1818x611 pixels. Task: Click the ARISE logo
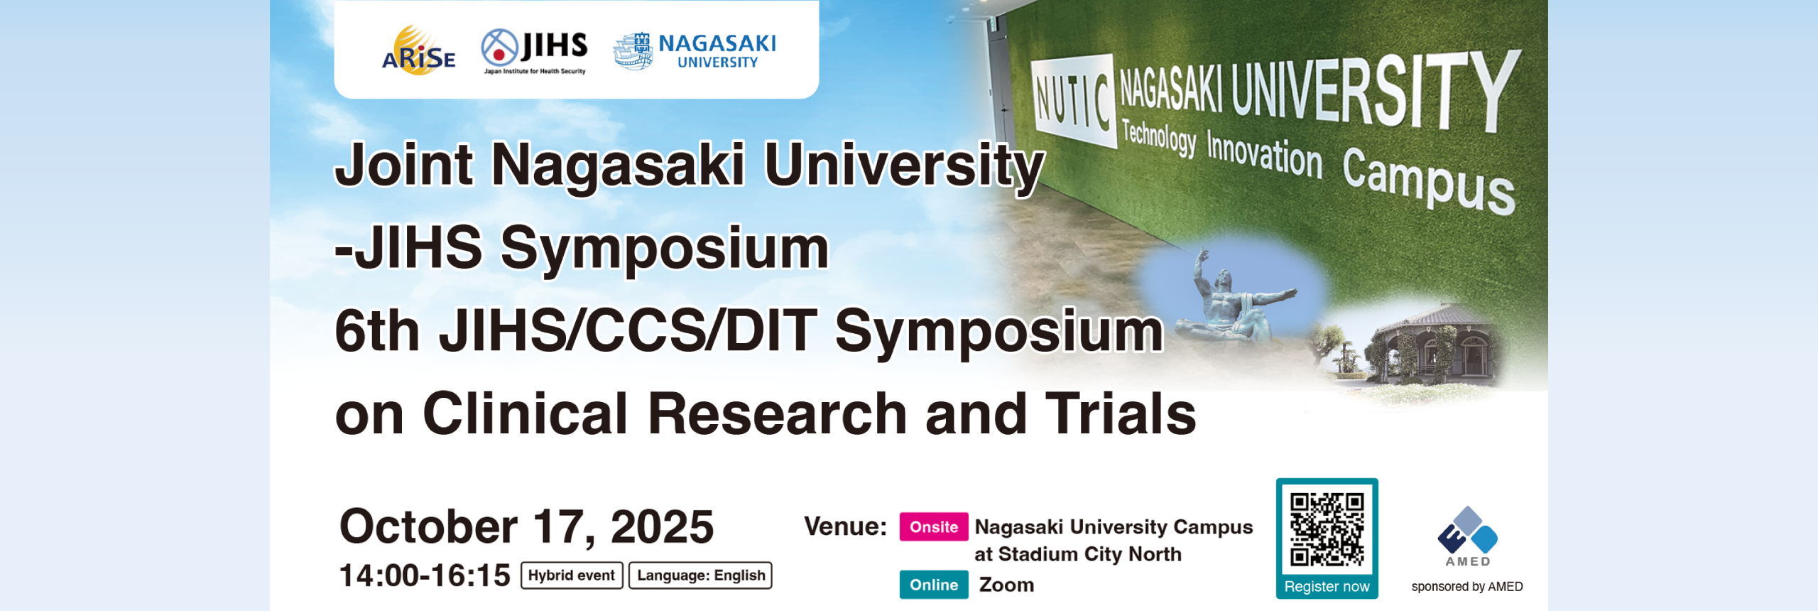(419, 50)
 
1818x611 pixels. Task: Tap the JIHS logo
(534, 51)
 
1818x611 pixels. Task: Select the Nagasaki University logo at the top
(695, 51)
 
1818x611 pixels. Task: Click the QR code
(1327, 529)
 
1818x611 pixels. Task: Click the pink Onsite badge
(934, 526)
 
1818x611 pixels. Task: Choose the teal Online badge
(934, 585)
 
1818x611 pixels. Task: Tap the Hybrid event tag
(572, 575)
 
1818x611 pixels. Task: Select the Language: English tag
(700, 575)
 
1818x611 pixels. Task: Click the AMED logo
(1467, 536)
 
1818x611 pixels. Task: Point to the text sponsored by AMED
(1467, 587)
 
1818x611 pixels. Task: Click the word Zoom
(1006, 585)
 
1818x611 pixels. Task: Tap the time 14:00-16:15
(425, 575)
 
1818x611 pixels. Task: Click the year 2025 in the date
(662, 526)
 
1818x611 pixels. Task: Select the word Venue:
(845, 526)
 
